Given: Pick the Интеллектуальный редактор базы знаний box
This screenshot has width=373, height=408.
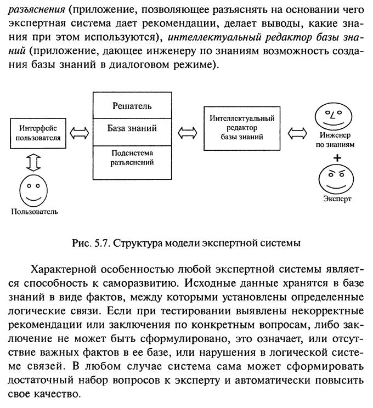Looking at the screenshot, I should coord(242,127).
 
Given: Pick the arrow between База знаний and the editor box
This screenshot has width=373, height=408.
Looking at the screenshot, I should coord(188,132).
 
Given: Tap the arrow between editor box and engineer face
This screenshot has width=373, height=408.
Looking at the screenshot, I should coord(298,132).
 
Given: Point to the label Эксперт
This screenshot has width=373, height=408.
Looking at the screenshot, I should coord(337,199).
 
